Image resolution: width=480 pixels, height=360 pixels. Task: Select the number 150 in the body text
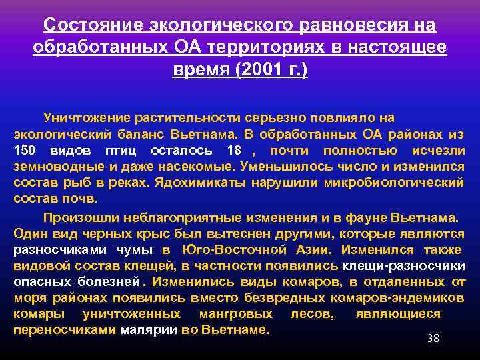(25, 150)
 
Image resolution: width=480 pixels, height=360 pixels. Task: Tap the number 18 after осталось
(233, 150)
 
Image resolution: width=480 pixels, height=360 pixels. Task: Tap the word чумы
(135, 250)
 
